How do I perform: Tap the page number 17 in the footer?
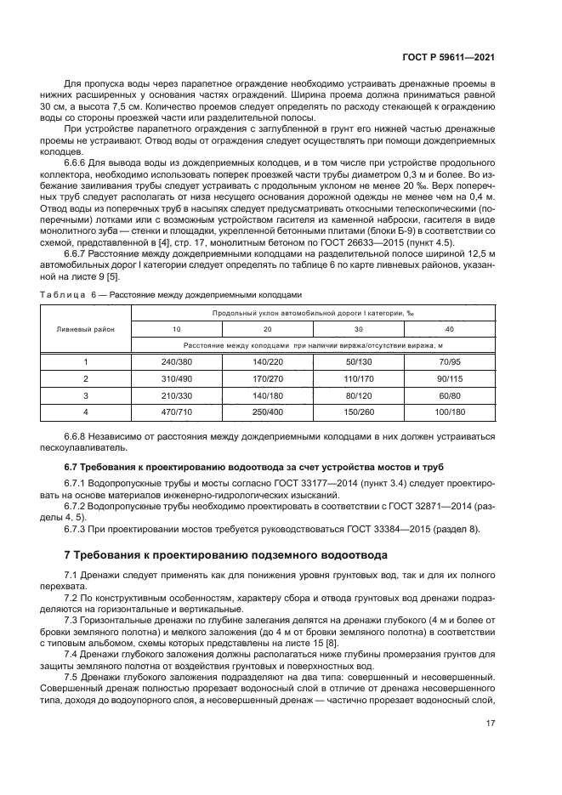[490, 724]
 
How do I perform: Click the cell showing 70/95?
[449, 361]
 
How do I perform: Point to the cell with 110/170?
[359, 378]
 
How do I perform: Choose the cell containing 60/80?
[449, 395]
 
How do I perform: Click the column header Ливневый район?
[86, 328]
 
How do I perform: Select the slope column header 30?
[359, 328]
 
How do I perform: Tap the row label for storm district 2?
[86, 378]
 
